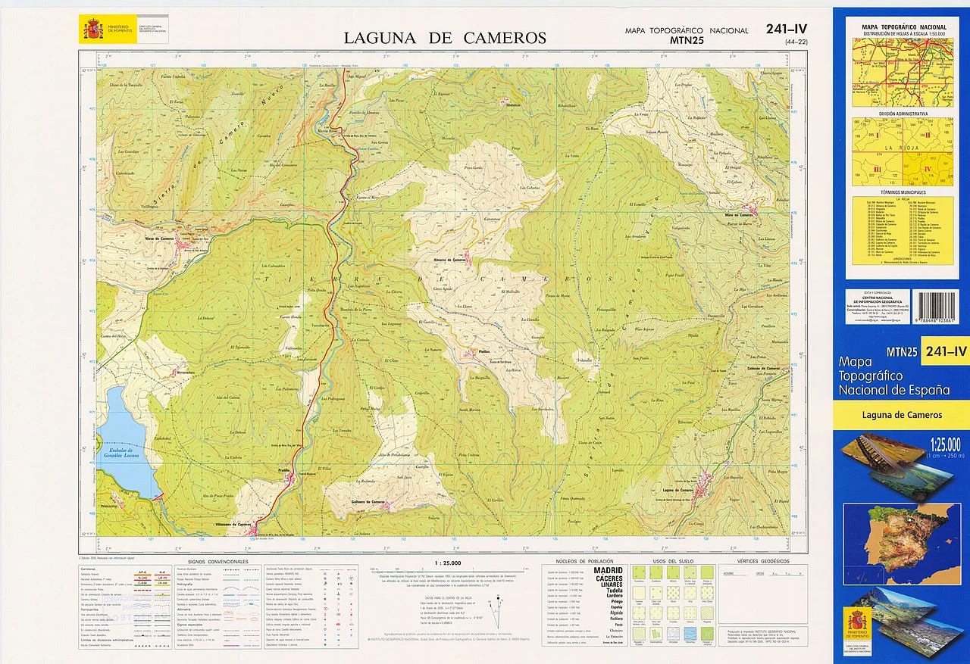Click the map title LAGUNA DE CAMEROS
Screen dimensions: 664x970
point(445,38)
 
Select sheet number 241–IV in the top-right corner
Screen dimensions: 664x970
point(786,30)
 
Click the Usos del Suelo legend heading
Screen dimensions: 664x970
point(668,561)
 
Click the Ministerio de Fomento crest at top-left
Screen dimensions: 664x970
point(94,30)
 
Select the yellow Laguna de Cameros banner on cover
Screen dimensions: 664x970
point(901,415)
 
